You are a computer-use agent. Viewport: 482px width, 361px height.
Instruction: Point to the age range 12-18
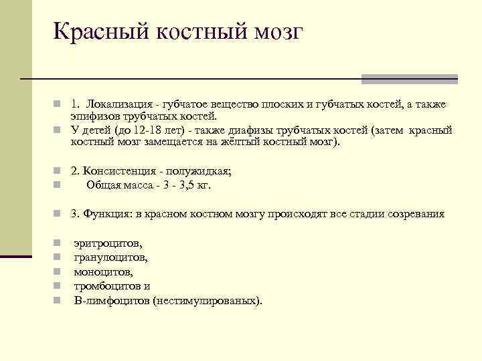pos(153,130)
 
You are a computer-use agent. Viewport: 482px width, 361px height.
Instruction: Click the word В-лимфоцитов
pos(111,300)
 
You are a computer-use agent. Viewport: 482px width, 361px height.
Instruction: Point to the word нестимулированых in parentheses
pos(206,300)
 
